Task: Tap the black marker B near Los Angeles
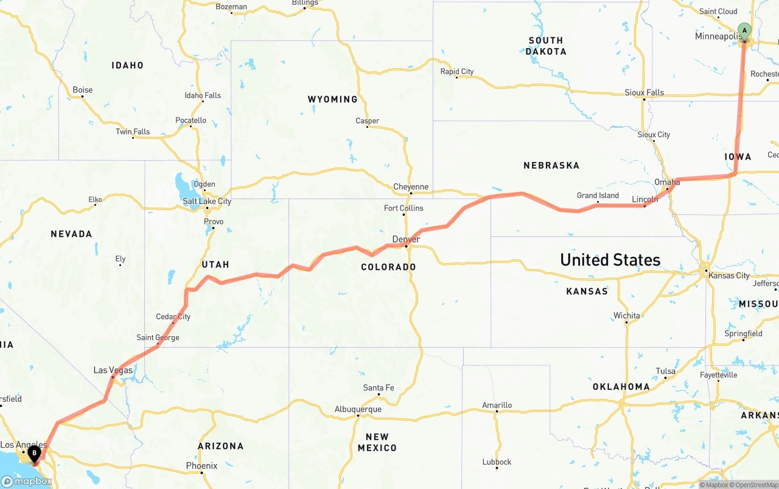pos(35,452)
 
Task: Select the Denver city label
pos(406,239)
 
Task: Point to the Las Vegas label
pos(113,370)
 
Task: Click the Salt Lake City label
pos(207,202)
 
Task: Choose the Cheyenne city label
pos(411,187)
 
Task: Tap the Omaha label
pos(667,182)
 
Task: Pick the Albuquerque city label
pos(358,409)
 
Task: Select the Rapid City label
pos(457,72)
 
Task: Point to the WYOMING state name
pos(332,99)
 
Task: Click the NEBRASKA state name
pos(551,166)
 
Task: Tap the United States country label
pos(610,260)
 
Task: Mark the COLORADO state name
pos(388,267)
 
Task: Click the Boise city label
pos(83,90)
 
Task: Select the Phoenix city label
pos(201,466)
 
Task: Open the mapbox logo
pos(27,482)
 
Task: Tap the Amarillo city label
pos(497,405)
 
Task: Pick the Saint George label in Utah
pos(158,337)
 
